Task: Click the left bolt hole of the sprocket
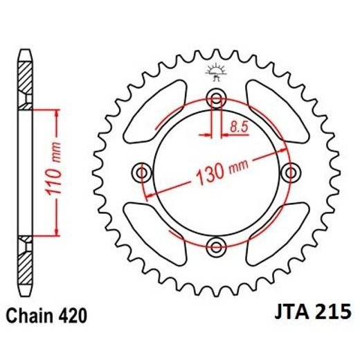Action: coord(143,171)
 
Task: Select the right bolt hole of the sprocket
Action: coord(289,171)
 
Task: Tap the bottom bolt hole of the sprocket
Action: coord(216,244)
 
